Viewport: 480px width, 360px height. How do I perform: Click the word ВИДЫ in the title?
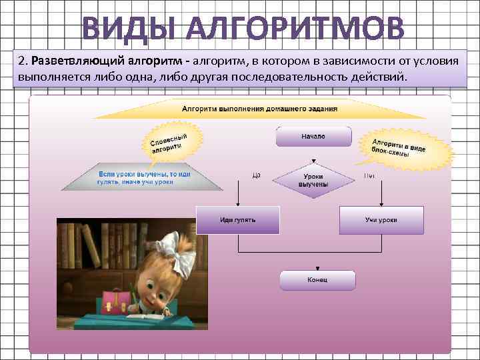(x=125, y=29)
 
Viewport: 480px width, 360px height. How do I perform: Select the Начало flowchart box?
(x=313, y=137)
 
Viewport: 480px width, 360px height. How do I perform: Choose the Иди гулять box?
(x=237, y=220)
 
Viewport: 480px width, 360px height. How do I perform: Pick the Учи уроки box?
(x=381, y=220)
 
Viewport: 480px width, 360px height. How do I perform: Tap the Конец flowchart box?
(x=317, y=280)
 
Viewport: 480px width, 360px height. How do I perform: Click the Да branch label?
(x=256, y=176)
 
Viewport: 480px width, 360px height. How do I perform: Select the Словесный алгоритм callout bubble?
(x=169, y=142)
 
